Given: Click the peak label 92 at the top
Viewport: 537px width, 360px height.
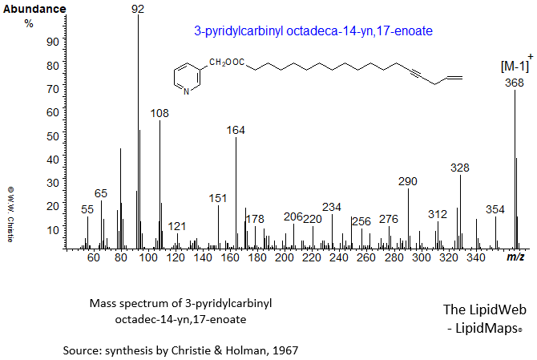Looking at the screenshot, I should [139, 9].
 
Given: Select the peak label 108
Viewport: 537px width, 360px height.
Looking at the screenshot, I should [159, 114].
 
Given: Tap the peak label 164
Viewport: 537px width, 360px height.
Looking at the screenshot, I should [236, 130].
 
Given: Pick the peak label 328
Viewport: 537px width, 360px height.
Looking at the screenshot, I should [460, 168].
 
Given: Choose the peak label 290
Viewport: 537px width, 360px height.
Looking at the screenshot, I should [408, 181].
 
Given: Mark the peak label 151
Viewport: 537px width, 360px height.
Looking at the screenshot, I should [218, 198].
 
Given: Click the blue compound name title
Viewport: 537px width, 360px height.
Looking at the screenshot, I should [313, 31].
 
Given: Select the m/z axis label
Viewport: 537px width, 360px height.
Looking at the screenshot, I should [515, 257].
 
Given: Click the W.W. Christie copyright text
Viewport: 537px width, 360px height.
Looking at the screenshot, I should [10, 214].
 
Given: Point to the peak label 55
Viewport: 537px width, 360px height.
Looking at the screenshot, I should [87, 209].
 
